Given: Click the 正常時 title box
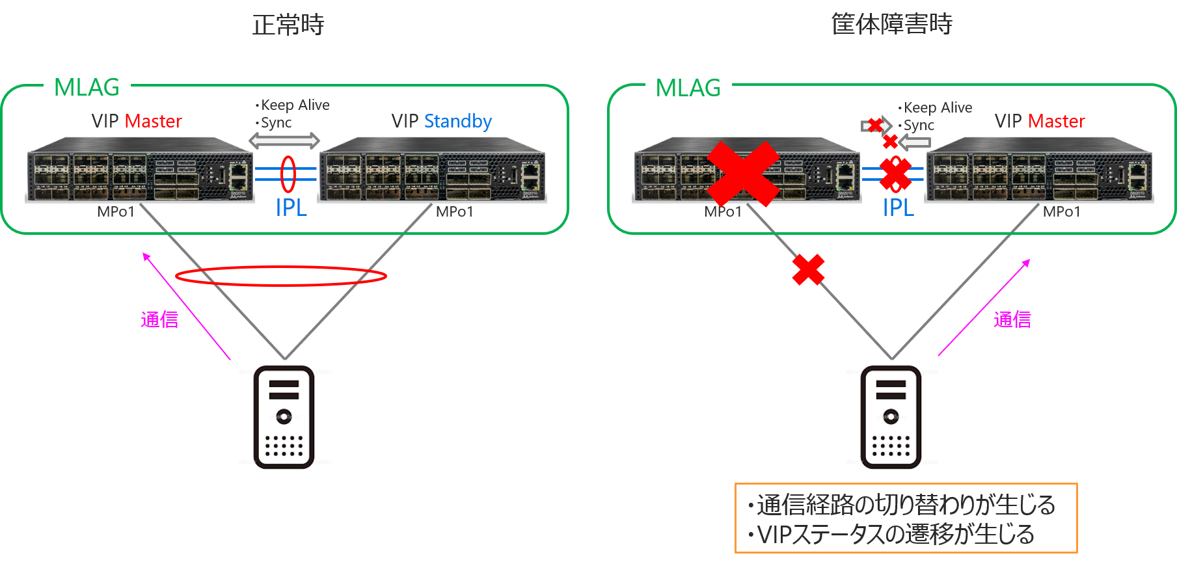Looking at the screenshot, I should click(x=288, y=24).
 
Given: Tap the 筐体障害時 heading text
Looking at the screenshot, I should click(x=891, y=24).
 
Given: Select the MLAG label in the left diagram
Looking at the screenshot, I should click(x=87, y=87).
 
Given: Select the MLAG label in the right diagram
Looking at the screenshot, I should click(x=688, y=87).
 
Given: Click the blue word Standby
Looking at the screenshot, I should click(x=457, y=122).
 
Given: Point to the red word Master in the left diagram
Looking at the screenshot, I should click(x=153, y=122).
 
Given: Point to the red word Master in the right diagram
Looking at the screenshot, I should click(x=1056, y=122).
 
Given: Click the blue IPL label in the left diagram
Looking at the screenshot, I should click(x=291, y=208).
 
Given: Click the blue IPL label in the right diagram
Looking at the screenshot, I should click(x=898, y=208).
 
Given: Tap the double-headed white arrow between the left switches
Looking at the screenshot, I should click(x=284, y=140).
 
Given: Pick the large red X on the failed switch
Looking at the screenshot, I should click(x=743, y=174).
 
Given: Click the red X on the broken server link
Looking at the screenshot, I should click(x=808, y=270).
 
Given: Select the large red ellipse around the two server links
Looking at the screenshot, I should click(x=281, y=276).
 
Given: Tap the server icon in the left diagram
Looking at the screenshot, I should click(x=284, y=417).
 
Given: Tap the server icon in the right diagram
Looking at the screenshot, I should click(x=891, y=417).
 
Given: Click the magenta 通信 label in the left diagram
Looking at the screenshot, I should click(x=159, y=319).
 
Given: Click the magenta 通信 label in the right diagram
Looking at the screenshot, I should click(x=1012, y=319).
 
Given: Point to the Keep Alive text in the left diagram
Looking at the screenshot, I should click(x=295, y=105).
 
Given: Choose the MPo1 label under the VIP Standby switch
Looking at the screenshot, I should click(x=454, y=212).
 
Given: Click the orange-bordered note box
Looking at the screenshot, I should click(x=906, y=518).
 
